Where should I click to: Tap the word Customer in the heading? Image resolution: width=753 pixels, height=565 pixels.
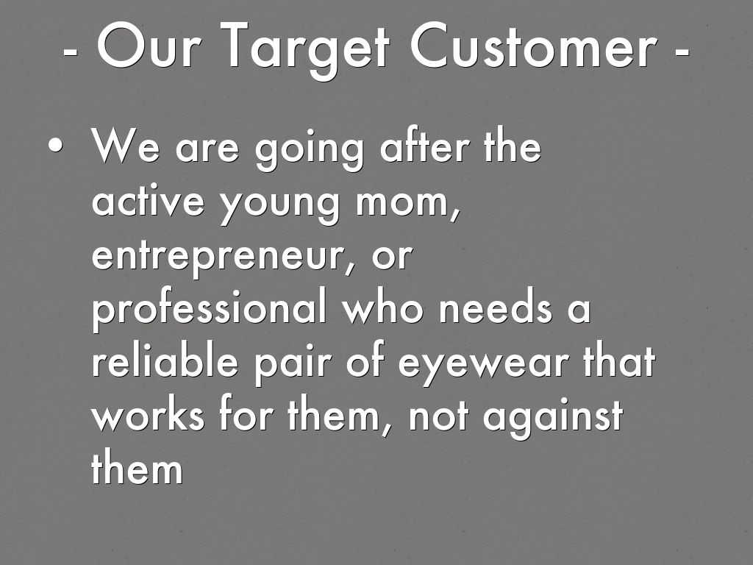tap(533, 46)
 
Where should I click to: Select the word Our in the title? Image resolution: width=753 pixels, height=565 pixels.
tap(149, 46)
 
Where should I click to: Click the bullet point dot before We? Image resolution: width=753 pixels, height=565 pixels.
tap(55, 145)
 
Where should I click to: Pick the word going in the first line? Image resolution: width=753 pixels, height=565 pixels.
tap(310, 149)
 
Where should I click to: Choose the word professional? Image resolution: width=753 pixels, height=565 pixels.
tap(210, 308)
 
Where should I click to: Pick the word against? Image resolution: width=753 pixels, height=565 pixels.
tap(553, 418)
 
